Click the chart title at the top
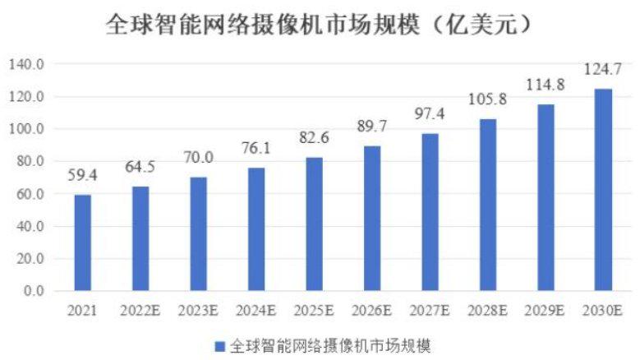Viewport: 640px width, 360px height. (x=320, y=25)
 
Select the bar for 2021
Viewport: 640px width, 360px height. (x=82, y=242)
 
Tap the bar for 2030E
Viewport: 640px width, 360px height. (x=603, y=190)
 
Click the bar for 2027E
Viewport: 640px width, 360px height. (x=430, y=212)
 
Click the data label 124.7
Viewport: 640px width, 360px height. (x=603, y=70)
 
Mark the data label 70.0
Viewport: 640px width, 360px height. (x=198, y=158)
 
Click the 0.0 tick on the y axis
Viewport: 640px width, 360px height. (x=33, y=291)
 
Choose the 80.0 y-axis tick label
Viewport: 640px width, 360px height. (x=30, y=161)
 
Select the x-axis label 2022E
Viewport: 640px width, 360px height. (x=140, y=311)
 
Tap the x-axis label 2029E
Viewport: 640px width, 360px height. (x=546, y=311)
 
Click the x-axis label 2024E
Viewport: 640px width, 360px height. (x=256, y=311)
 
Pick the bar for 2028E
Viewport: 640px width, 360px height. (x=487, y=205)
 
